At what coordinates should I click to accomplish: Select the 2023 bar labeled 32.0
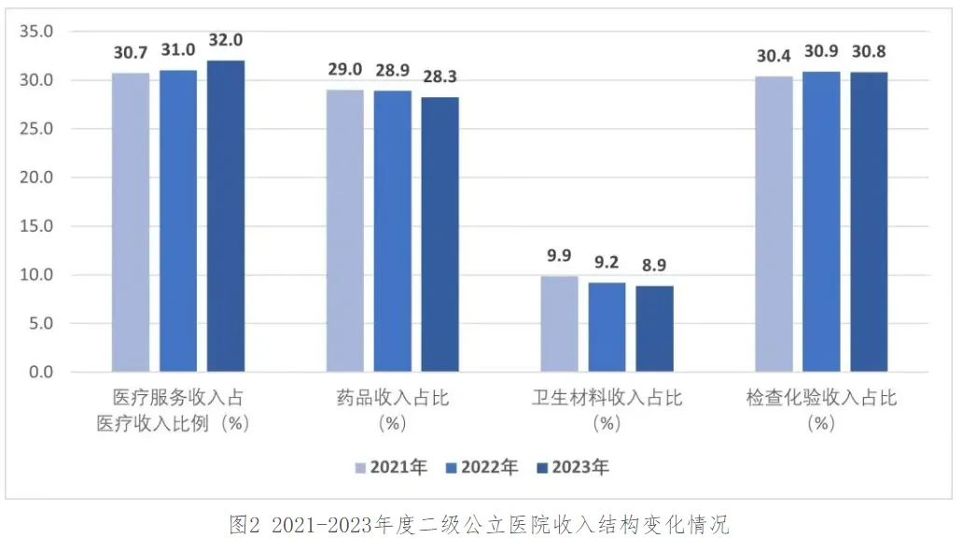[x=226, y=216]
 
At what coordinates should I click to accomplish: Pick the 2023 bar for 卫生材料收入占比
[x=654, y=329]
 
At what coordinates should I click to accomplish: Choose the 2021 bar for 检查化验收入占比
[x=775, y=224]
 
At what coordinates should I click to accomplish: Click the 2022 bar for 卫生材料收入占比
[x=607, y=327]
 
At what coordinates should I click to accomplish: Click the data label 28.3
[x=440, y=77]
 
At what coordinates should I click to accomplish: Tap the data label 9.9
[x=559, y=255]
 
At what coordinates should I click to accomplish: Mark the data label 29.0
[x=345, y=70]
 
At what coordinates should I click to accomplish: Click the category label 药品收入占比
[x=393, y=399]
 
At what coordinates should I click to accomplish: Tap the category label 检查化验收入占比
[x=821, y=399]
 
